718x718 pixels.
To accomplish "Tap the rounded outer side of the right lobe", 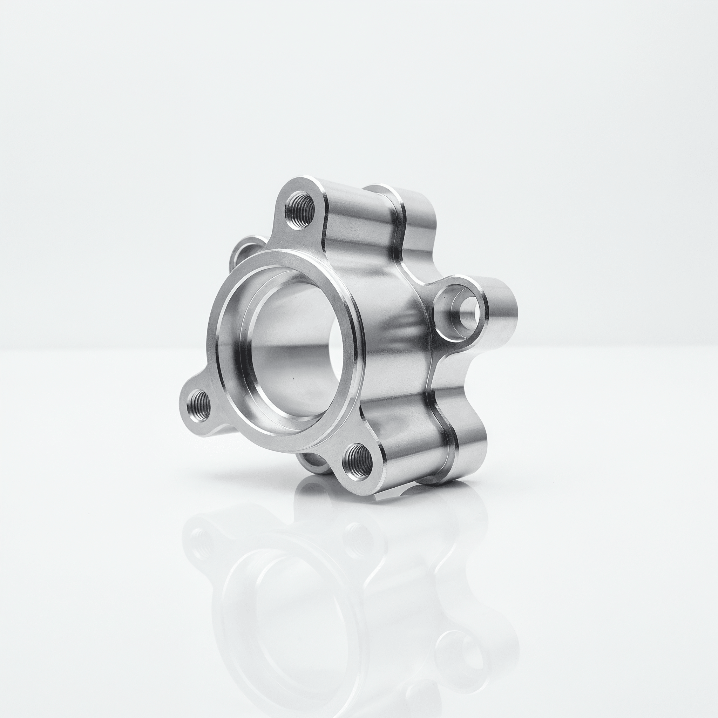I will (502, 312).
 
